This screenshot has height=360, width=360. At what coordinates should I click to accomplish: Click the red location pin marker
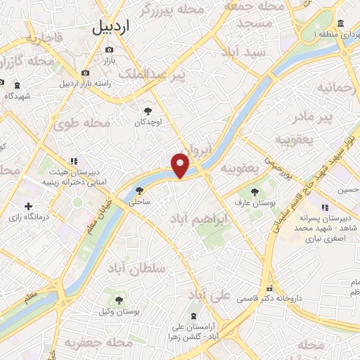tap(181, 166)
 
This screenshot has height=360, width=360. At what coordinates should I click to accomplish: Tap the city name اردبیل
tap(112, 27)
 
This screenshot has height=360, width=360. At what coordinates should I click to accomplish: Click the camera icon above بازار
tap(108, 49)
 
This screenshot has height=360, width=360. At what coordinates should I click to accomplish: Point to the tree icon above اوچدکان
tap(148, 110)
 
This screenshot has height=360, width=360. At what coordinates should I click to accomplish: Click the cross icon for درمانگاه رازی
tap(28, 207)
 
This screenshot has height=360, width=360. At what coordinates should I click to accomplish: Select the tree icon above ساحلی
tap(139, 190)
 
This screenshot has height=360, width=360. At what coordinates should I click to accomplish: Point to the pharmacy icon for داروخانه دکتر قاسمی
tap(269, 289)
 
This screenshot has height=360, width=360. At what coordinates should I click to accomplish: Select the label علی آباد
tap(210, 295)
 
